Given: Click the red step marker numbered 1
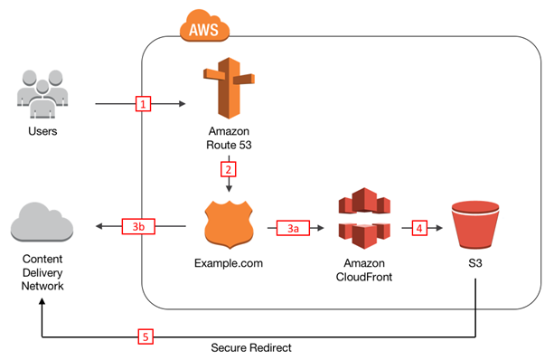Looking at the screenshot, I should tap(143, 104).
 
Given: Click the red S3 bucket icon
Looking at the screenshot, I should tap(476, 223).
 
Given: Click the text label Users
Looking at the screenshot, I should tap(40, 132).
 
